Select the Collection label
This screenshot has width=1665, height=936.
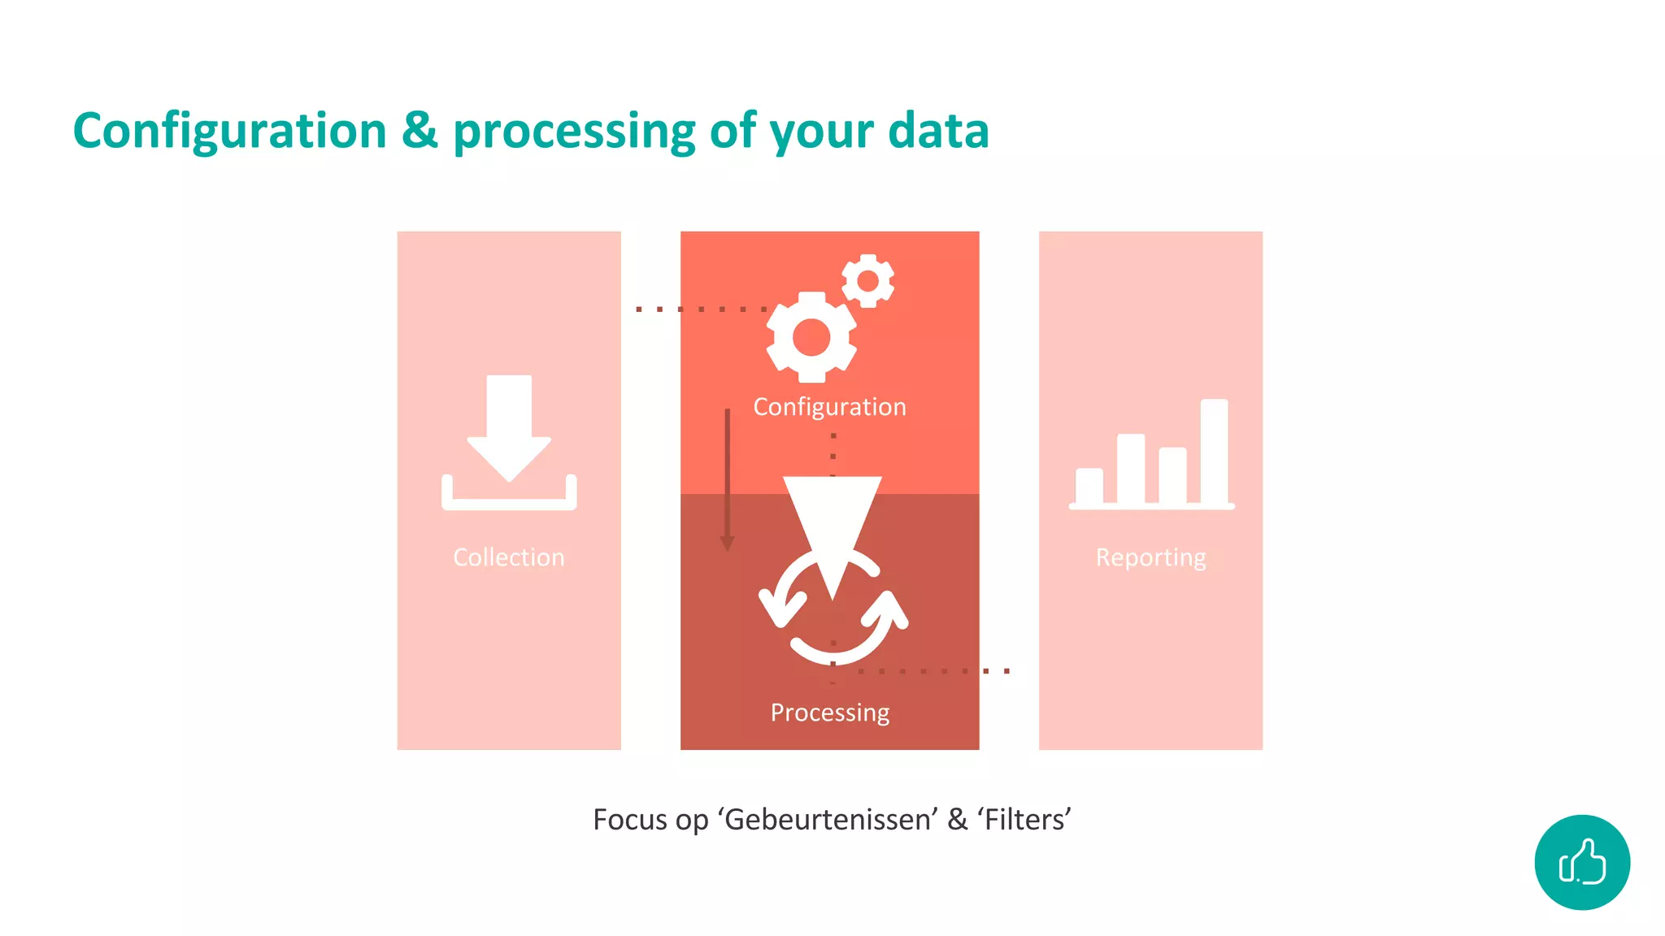click(x=509, y=557)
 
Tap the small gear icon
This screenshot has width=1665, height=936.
click(x=867, y=281)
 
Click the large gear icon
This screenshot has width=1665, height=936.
click(x=811, y=337)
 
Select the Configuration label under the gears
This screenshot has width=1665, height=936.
click(x=829, y=406)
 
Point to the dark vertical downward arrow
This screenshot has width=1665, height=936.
click(x=728, y=479)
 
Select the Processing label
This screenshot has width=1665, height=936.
click(x=829, y=712)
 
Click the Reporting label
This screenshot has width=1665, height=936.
click(x=1150, y=557)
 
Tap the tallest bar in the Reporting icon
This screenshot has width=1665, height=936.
click(x=1214, y=451)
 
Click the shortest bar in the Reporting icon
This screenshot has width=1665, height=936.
click(x=1089, y=486)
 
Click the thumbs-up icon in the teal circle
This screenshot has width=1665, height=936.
click(x=1582, y=862)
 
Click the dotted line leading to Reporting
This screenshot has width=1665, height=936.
click(x=935, y=671)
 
